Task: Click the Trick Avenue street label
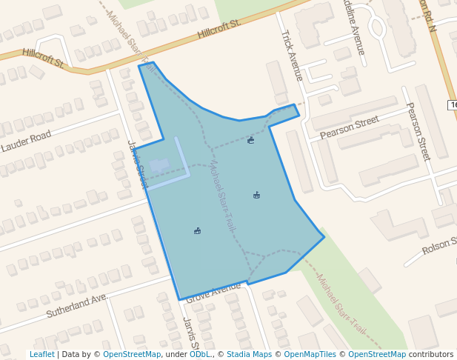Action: pos(291,56)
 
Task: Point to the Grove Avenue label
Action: pos(214,292)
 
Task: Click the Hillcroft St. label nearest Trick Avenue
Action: pos(219,30)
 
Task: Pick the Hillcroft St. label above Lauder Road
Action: pos(44,57)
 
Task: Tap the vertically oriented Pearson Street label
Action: pos(418,131)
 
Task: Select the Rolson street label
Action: pos(438,247)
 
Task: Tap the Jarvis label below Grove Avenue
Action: pos(190,333)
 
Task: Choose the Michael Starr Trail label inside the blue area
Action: pos(221,196)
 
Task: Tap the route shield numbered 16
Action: pos(453,105)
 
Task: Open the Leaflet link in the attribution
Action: pos(41,354)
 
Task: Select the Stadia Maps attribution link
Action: pos(249,354)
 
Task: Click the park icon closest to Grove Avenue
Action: pos(197,231)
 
